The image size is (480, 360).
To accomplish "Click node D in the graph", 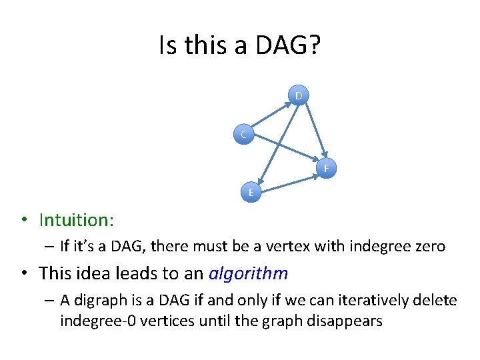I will click(299, 96).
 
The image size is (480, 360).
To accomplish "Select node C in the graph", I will click(244, 135).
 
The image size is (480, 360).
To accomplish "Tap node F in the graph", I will click(326, 168).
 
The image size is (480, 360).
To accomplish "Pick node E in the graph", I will click(251, 192).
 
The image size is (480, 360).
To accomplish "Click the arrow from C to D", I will click(271, 115).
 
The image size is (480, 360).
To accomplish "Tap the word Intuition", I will click(76, 219).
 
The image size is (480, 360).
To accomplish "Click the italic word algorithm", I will click(248, 273).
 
